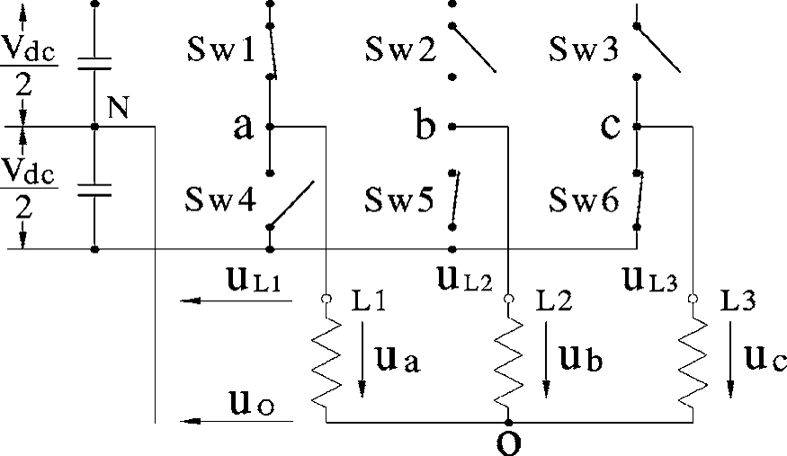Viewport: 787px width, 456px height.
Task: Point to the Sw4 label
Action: pyautogui.click(x=220, y=200)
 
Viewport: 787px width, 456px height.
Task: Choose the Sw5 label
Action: pyautogui.click(x=400, y=200)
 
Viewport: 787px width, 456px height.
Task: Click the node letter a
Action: pyautogui.click(x=243, y=128)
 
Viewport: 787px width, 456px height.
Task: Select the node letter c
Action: pyautogui.click(x=611, y=128)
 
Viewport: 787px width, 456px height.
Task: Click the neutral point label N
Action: pyautogui.click(x=118, y=108)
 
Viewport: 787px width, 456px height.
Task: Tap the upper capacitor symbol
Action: pyautogui.click(x=94, y=64)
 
